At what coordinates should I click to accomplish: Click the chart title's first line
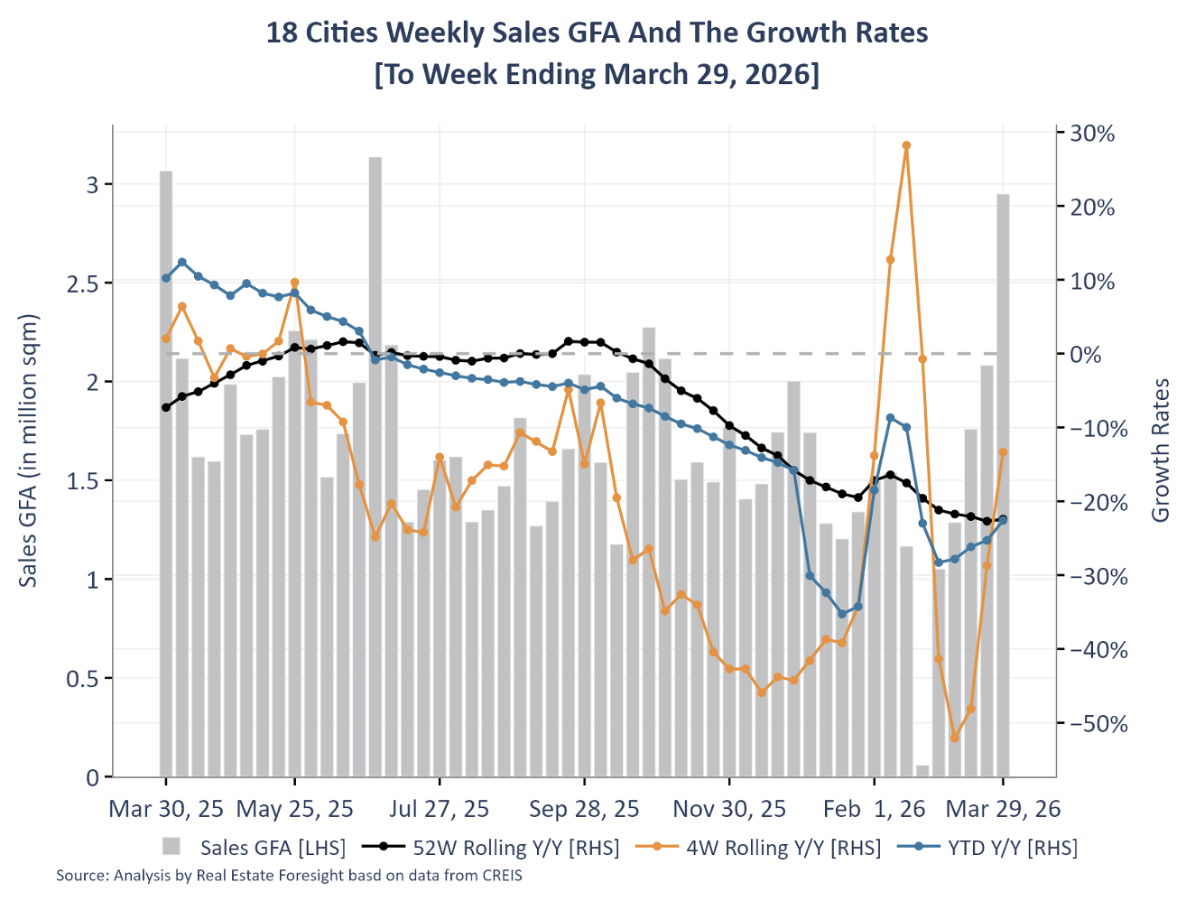[x=597, y=33]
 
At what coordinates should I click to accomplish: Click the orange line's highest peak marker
[x=906, y=145]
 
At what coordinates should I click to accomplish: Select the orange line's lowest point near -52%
[x=955, y=738]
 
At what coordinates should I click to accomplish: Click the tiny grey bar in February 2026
[x=922, y=770]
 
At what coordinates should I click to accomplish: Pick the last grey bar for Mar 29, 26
[x=1003, y=488]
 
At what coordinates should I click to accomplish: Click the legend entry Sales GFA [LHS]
[x=255, y=847]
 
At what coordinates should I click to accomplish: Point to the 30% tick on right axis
[x=1092, y=134]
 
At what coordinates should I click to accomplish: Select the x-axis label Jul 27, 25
[x=440, y=809]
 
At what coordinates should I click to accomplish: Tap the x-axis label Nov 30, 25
[x=729, y=809]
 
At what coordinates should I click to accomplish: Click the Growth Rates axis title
[x=1161, y=450]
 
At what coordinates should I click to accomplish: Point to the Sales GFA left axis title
[x=29, y=450]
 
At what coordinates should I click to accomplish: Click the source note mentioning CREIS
[x=289, y=875]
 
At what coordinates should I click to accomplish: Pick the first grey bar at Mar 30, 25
[x=166, y=474]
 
